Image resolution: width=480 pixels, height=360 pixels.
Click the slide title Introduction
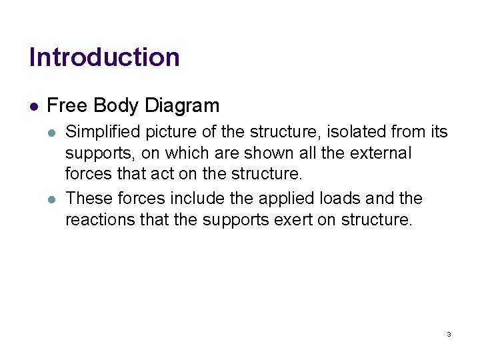[x=105, y=57]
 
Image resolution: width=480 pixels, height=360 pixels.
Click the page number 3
[x=449, y=334]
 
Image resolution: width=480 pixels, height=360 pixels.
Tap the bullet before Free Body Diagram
[x=34, y=106]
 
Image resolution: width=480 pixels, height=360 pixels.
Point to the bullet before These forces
[x=53, y=199]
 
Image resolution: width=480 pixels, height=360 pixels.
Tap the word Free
[x=67, y=106]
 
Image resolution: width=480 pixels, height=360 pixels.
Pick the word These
[x=91, y=198]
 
